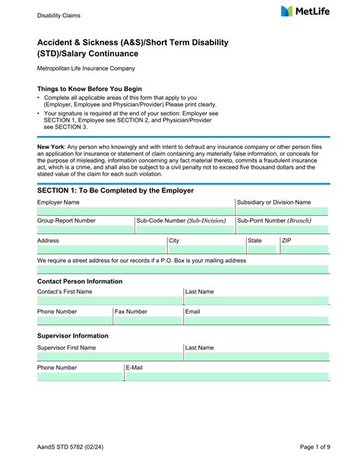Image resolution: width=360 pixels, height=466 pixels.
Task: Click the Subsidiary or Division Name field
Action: click(x=282, y=211)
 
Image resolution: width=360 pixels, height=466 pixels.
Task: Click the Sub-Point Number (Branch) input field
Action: click(x=282, y=229)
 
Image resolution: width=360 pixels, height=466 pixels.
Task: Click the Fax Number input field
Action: click(x=158, y=320)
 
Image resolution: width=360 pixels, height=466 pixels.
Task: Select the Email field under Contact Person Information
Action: click(x=256, y=320)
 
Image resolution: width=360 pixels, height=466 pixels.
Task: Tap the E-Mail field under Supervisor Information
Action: click(x=226, y=376)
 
